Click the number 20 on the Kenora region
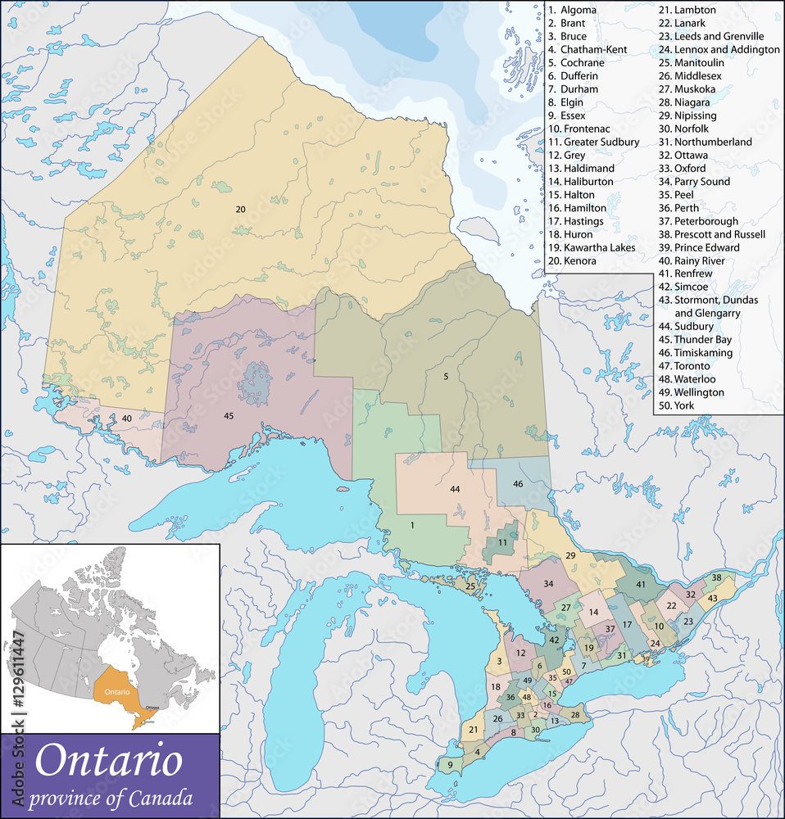(240, 210)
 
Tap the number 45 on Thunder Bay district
(229, 416)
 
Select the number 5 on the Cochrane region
(446, 377)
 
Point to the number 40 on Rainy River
(127, 419)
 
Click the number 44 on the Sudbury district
(454, 489)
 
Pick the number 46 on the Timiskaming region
(518, 484)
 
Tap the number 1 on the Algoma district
(412, 525)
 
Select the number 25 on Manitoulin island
(470, 586)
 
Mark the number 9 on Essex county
(450, 765)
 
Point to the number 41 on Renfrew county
(640, 585)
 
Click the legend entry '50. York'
(683, 405)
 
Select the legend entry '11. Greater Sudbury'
(593, 142)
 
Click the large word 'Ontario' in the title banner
(108, 760)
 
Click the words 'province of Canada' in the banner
(111, 797)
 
